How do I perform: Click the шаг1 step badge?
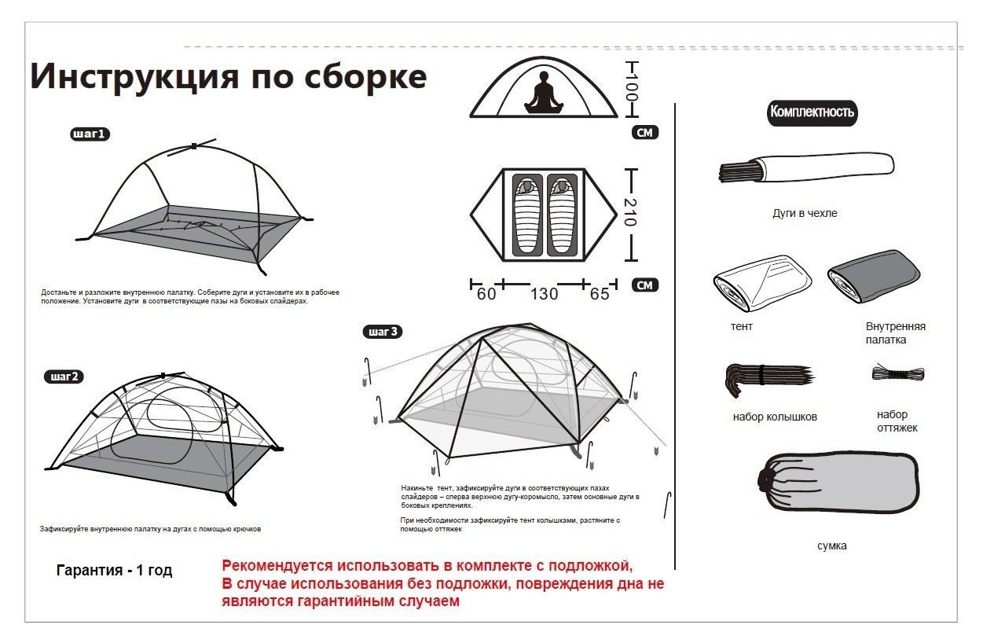(x=90, y=134)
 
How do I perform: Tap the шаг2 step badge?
(x=64, y=377)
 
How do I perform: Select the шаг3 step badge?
(x=383, y=332)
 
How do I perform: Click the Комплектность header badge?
(x=812, y=112)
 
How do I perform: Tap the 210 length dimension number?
(x=630, y=212)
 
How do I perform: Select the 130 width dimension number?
(x=544, y=294)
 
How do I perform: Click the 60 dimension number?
(x=486, y=294)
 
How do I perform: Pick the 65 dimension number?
(x=600, y=294)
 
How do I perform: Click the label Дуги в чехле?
(x=805, y=213)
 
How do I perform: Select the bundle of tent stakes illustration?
(x=767, y=375)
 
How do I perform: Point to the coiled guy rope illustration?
(x=897, y=373)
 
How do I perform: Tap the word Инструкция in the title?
(x=133, y=77)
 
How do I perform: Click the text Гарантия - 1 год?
(x=114, y=571)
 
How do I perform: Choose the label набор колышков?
(x=775, y=417)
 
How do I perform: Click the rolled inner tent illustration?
(x=873, y=277)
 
